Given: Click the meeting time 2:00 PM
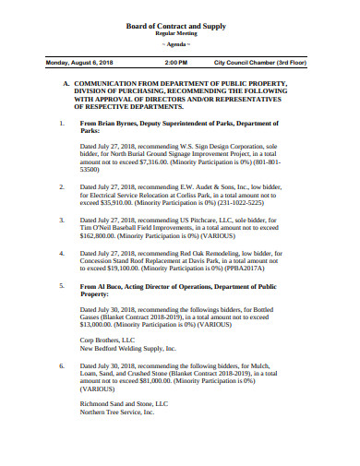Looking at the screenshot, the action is pyautogui.click(x=176, y=64).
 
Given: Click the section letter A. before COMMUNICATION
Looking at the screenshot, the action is pyautogui.click(x=66, y=83).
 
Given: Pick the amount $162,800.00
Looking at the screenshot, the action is pyautogui.click(x=101, y=236).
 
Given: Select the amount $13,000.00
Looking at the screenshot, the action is pyautogui.click(x=101, y=324).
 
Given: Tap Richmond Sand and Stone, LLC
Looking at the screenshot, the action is pyautogui.click(x=124, y=403).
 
